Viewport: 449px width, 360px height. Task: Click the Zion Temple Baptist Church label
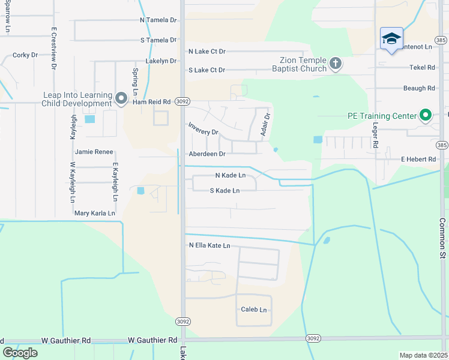303,64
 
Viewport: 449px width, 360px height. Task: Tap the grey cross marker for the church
335,63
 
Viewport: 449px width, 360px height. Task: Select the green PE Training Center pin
426,115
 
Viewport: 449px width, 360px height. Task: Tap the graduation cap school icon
391,39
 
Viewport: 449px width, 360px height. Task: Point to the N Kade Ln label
231,175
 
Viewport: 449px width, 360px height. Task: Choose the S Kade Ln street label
224,191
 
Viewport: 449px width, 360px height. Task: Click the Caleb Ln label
253,310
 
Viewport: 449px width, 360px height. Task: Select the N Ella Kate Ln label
209,245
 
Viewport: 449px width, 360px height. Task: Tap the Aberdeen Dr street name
207,154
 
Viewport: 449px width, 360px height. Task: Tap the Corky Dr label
25,55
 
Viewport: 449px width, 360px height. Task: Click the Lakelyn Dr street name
161,61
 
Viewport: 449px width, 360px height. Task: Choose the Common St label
442,238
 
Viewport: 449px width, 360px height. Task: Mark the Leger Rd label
375,136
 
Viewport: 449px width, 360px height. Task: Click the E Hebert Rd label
418,159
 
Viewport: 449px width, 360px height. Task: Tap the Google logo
20,352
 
